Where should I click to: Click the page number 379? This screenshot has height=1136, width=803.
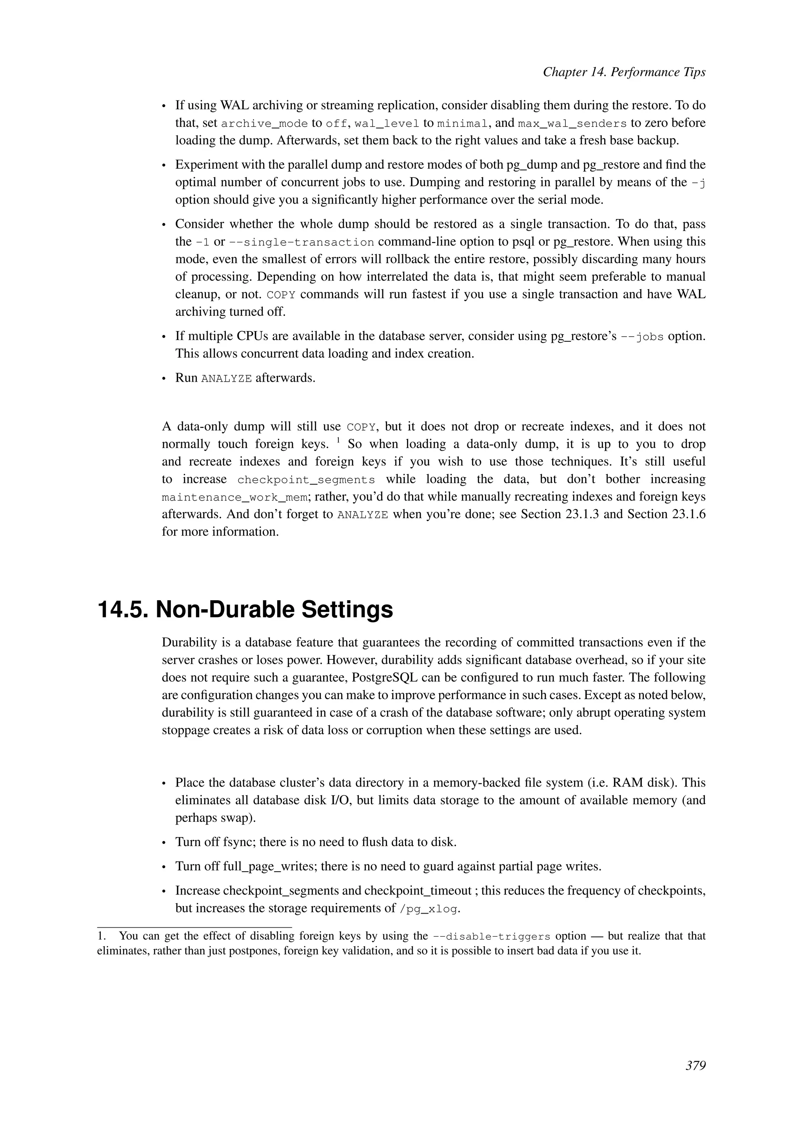695,1066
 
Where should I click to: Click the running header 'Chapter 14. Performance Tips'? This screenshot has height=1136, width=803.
624,72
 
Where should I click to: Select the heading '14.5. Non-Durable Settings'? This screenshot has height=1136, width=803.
245,610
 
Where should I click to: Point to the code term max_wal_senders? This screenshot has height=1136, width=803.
572,124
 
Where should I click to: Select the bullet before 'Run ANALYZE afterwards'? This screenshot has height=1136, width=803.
165,379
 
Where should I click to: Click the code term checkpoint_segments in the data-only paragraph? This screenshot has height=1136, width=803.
306,480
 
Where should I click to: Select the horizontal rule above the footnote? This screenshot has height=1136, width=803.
194,927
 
